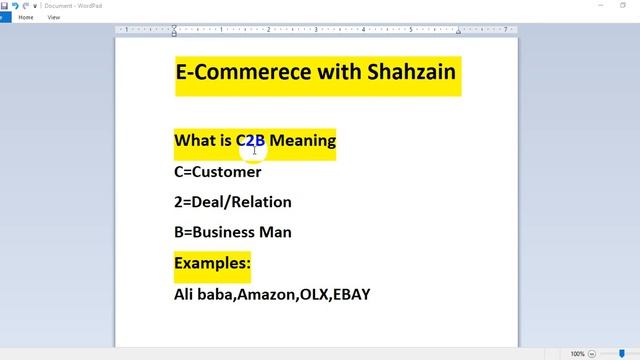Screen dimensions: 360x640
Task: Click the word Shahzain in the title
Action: [x=409, y=72]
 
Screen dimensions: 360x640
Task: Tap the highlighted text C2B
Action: [x=250, y=141]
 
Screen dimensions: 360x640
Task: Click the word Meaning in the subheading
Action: [x=302, y=141]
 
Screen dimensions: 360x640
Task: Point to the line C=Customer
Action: [x=217, y=172]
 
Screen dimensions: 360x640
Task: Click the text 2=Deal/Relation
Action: [x=233, y=202]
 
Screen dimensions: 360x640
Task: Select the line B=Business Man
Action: [x=233, y=232]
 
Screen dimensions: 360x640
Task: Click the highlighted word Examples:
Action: [x=212, y=263]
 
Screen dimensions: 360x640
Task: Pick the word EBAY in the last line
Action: [x=351, y=294]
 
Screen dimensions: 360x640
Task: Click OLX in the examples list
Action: [x=313, y=294]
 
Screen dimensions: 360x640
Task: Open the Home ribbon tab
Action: [x=26, y=17]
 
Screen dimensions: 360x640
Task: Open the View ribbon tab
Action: [x=54, y=17]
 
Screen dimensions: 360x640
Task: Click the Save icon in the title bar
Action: [x=5, y=5]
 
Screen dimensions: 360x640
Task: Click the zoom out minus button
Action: [x=594, y=354]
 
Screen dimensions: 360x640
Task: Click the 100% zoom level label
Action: [x=577, y=354]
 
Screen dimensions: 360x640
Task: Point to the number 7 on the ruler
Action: [x=506, y=30]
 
